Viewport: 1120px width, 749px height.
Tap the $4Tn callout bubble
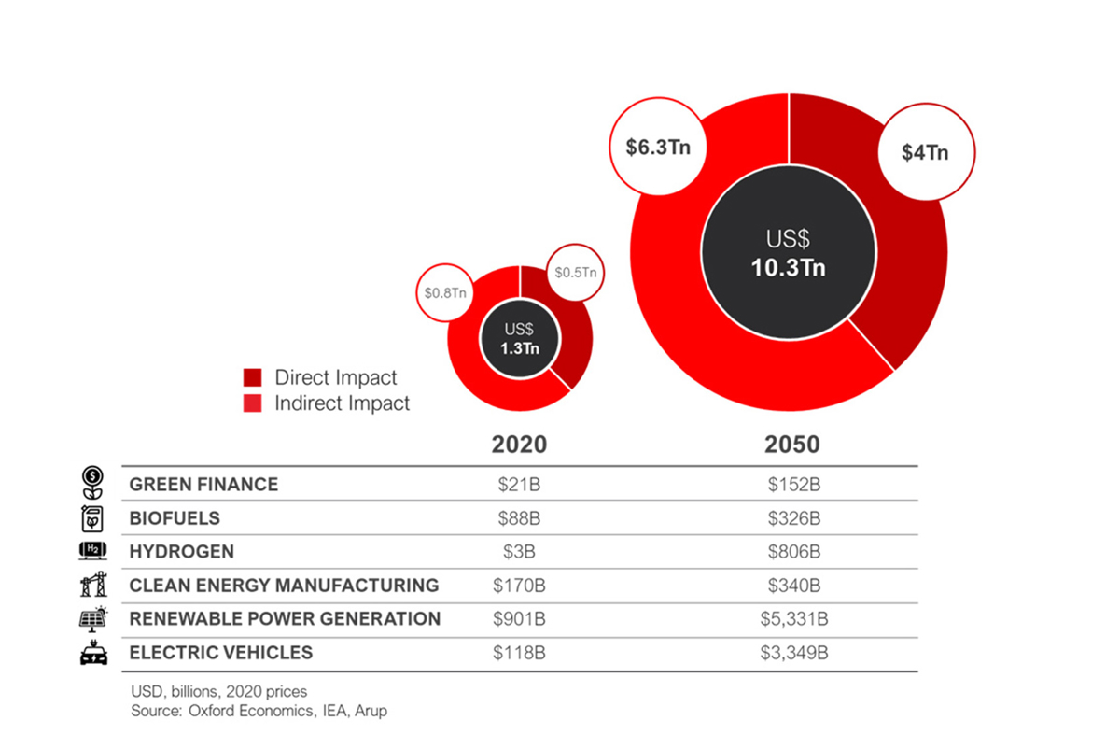(925, 152)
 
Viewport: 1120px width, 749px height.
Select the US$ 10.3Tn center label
(789, 253)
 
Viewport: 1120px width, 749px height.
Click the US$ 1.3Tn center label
(519, 339)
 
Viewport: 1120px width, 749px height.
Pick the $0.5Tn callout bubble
(575, 273)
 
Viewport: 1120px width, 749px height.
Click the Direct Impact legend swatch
(253, 378)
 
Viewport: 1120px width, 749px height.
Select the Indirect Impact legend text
(342, 404)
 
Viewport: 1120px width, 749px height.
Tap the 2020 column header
(519, 445)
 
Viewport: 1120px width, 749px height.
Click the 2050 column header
(791, 445)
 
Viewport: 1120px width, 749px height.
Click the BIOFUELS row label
(175, 518)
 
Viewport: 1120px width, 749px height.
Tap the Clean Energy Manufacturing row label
(284, 586)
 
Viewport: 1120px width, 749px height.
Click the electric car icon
(93, 654)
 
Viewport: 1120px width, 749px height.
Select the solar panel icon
(93, 618)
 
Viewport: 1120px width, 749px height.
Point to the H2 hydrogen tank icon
(93, 552)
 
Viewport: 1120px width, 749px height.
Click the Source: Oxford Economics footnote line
(259, 711)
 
